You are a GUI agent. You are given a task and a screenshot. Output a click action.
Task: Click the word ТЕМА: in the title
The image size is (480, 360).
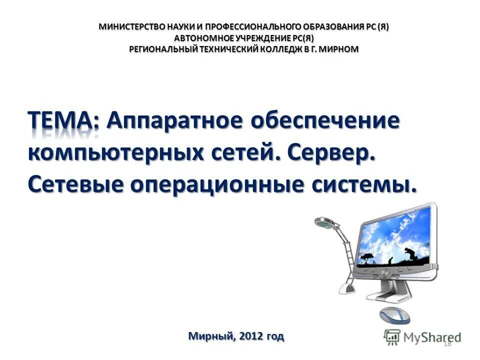coord(63,121)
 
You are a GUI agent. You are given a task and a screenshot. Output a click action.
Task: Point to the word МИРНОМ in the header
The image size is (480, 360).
coord(339,48)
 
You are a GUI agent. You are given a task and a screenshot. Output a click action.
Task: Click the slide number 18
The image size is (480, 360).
coord(447,342)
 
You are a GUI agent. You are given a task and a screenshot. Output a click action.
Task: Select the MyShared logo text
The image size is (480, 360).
coord(431,336)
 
